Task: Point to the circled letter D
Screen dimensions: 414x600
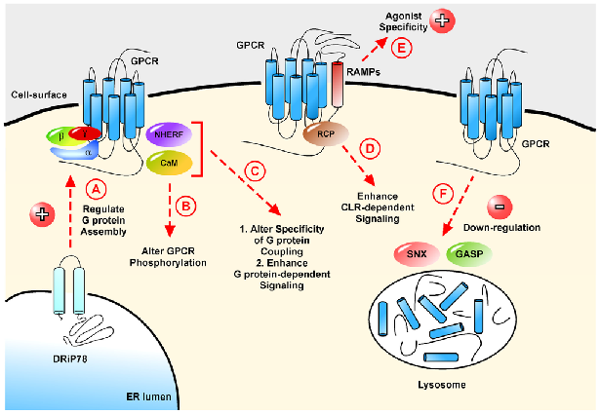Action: (x=370, y=150)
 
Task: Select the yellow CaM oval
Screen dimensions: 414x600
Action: (x=170, y=165)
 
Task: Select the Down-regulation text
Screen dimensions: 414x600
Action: (x=526, y=227)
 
